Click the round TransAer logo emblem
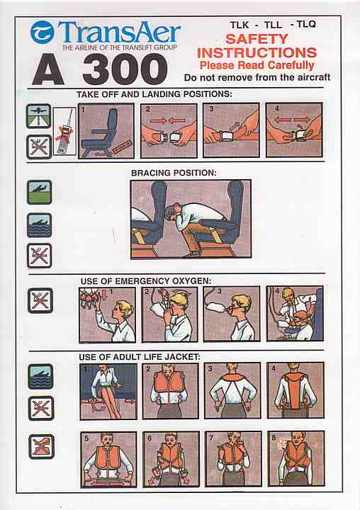42,32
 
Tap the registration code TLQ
306,24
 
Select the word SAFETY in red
257,39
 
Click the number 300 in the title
125,69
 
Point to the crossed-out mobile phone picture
64,131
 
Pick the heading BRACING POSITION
174,173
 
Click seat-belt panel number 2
169,131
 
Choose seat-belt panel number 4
294,130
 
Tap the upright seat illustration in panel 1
97,133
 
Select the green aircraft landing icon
40,192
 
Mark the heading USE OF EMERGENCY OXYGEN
146,280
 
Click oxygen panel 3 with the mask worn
232,314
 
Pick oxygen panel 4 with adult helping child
295,314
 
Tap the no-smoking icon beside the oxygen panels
40,300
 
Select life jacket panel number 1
108,391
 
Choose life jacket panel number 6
171,459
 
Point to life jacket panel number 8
296,458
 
